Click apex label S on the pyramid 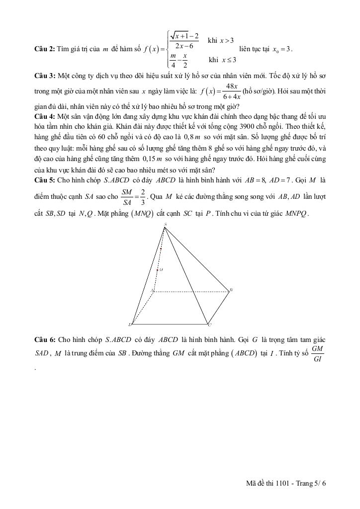(x=165, y=224)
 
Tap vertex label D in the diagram (x=130, y=325)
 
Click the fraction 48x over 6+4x (x=232, y=91)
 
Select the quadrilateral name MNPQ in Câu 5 (x=298, y=214)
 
